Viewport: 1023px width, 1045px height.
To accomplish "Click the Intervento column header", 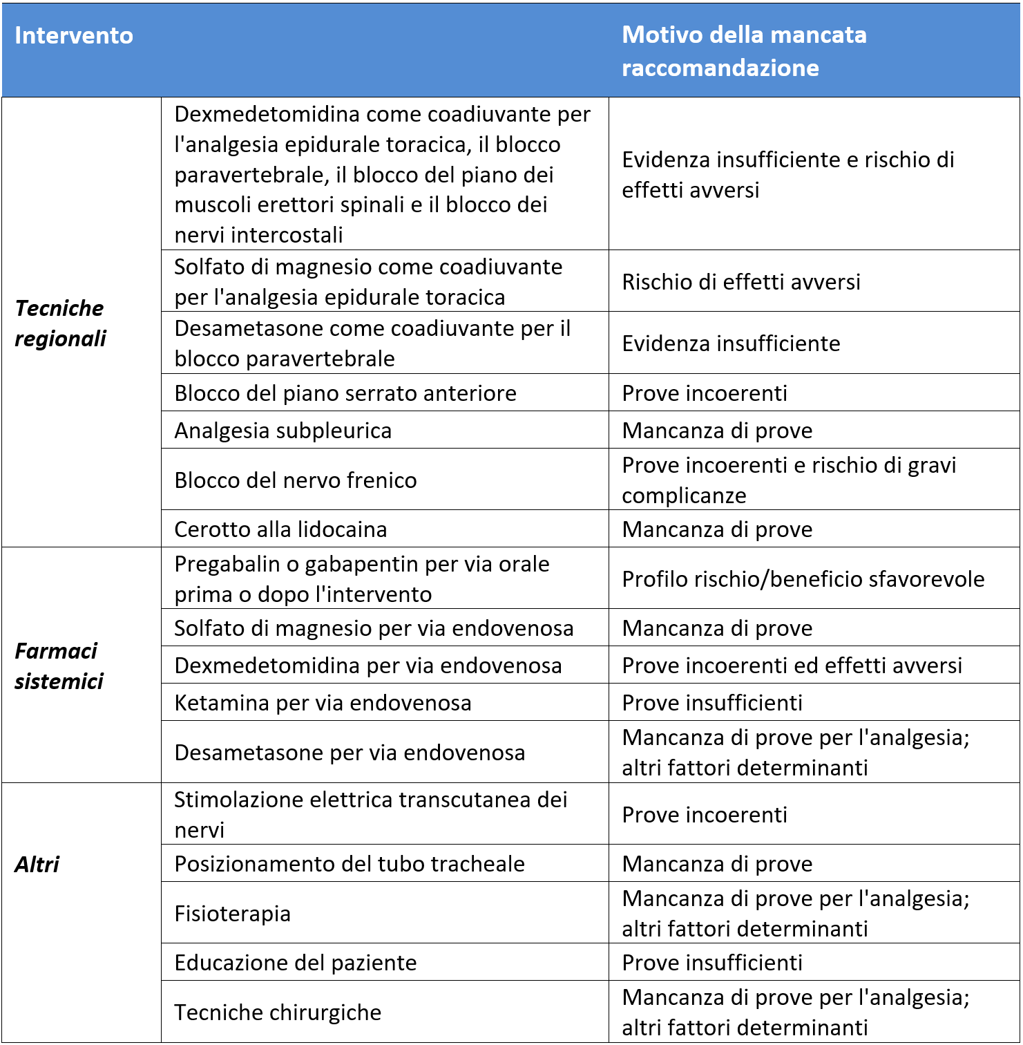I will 74,36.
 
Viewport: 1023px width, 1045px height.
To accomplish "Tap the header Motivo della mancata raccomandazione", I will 744,51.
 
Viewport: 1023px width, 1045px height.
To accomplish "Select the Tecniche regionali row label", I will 61,323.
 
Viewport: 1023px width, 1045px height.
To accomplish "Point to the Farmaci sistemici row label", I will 59,666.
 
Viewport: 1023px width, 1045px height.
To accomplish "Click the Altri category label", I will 37,865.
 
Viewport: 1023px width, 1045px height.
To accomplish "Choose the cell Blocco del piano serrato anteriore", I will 345,393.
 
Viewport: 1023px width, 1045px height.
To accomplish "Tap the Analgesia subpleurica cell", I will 283,431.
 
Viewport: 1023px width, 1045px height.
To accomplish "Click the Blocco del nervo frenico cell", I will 296,480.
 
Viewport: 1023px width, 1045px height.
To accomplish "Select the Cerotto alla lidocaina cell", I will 280,529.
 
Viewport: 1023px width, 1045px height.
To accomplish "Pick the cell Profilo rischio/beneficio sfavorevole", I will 803,579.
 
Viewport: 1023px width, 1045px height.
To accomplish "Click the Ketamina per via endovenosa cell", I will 323,703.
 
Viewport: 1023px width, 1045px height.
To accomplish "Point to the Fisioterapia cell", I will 232,914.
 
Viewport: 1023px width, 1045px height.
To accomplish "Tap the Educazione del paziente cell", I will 296,963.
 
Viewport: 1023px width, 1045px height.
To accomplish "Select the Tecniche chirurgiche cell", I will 278,1013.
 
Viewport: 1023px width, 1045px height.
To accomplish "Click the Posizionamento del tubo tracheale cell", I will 350,864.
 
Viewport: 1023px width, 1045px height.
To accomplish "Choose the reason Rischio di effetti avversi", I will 740,282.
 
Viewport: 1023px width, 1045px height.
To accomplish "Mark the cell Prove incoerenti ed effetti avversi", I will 792,666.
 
